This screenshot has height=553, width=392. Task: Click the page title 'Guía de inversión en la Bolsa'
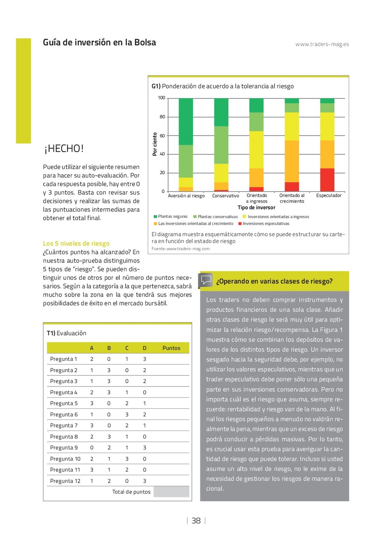click(99, 42)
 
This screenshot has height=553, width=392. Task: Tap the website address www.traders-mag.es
click(322, 44)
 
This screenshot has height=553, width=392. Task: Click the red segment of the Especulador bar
click(327, 179)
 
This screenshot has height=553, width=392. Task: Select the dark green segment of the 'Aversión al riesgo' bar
click(186, 122)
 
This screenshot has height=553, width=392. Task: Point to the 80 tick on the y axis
click(162, 117)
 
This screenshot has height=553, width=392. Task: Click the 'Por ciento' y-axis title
click(155, 144)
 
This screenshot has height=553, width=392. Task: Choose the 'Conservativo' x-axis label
click(225, 196)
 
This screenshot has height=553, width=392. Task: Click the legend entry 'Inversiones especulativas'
click(266, 223)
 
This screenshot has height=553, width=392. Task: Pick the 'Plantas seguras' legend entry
click(172, 217)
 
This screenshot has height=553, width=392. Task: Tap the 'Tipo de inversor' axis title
click(256, 208)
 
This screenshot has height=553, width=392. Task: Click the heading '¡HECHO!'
click(64, 148)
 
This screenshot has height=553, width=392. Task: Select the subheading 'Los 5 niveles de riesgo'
click(76, 243)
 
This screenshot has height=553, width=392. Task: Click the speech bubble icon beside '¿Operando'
click(206, 280)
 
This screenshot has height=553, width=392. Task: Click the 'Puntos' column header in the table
click(171, 348)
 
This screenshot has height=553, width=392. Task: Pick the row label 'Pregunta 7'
click(64, 426)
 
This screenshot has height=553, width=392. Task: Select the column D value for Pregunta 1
click(144, 359)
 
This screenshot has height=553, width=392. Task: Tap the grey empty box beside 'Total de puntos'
click(171, 492)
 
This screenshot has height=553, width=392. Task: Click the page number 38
click(196, 520)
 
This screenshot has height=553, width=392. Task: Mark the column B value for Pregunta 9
click(109, 448)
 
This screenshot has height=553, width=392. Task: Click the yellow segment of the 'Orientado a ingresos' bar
click(256, 150)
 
